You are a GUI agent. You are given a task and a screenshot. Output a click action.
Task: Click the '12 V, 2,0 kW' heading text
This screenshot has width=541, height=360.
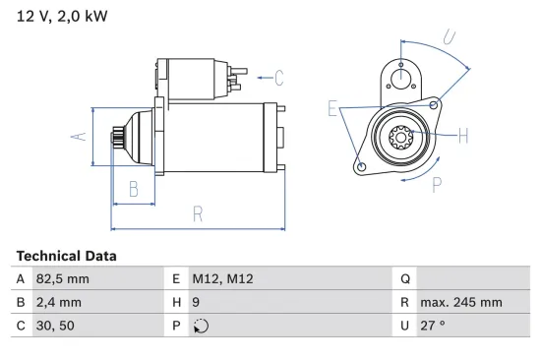pos(62,16)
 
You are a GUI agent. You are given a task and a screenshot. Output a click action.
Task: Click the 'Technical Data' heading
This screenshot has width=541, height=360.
pos(66,256)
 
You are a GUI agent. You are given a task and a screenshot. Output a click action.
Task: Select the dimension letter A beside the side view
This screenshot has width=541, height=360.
pos(82,137)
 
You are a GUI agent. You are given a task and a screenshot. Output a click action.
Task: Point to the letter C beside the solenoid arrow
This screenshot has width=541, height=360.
pos(278,77)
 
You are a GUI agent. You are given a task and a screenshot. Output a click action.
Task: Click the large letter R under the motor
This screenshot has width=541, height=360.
pos(198,213)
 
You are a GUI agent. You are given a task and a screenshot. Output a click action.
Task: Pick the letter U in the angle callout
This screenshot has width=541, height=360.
pos(450,39)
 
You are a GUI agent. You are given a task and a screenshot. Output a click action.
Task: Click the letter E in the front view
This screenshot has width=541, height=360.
pos(332,108)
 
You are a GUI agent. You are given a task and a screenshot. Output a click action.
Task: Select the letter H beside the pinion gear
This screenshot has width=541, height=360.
pos(462,135)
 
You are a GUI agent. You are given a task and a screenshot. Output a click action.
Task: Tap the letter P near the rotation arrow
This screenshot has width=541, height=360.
pos(436,183)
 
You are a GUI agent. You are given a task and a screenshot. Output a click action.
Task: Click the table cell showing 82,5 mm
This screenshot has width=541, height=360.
pos(64,278)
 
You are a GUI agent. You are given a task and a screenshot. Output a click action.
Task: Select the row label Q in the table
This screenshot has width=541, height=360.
pos(403,278)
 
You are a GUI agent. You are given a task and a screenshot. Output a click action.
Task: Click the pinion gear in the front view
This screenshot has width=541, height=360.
pos(401,137)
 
